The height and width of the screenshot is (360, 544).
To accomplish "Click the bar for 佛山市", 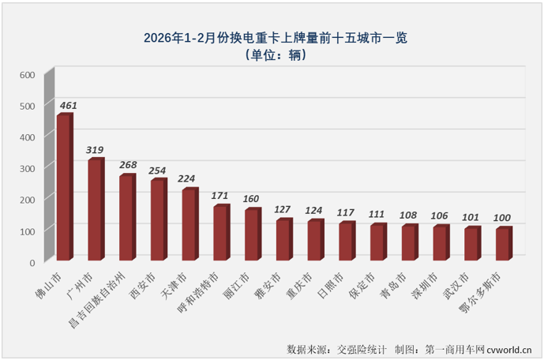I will tap(63, 188).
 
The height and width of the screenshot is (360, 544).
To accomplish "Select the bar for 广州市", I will tap(95, 210).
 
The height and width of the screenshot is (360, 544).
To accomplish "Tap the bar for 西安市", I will tap(158, 220).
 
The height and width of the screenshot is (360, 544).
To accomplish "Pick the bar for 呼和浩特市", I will tap(220, 233).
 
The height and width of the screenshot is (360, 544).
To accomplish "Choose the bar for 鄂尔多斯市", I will tap(503, 244).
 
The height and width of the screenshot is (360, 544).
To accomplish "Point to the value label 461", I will tap(67, 104).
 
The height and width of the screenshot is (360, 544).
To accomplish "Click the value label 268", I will tap(129, 165).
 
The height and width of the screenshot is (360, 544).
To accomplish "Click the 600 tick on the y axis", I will tap(28, 75).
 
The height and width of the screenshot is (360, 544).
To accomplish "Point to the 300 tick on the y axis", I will tap(28, 168).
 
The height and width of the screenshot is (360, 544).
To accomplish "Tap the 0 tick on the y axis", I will tap(32, 261).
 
